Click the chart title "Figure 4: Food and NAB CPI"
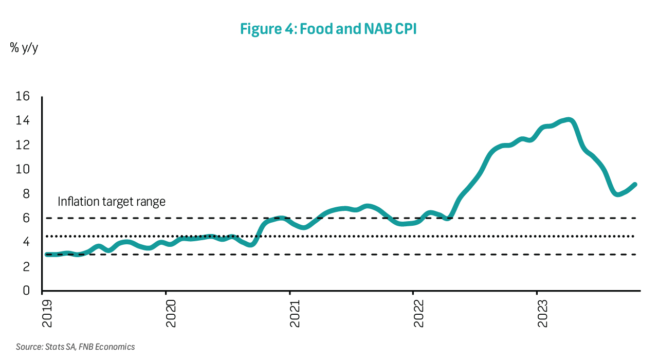click(328, 29)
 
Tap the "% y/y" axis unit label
click(24, 49)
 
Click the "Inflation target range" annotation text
click(112, 201)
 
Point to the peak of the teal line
click(569, 120)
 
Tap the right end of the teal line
click(635, 185)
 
